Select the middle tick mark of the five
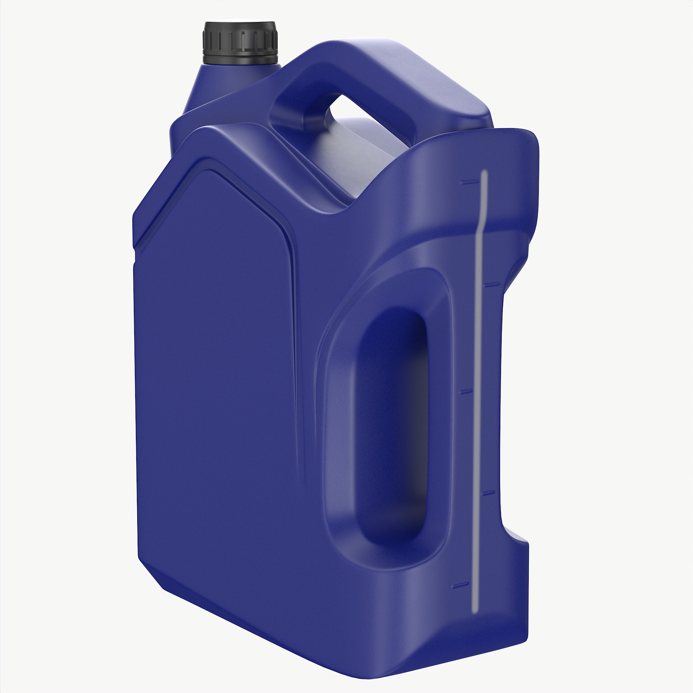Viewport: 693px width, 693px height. [x=466, y=392]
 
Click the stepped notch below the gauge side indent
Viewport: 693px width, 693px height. [x=517, y=538]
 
